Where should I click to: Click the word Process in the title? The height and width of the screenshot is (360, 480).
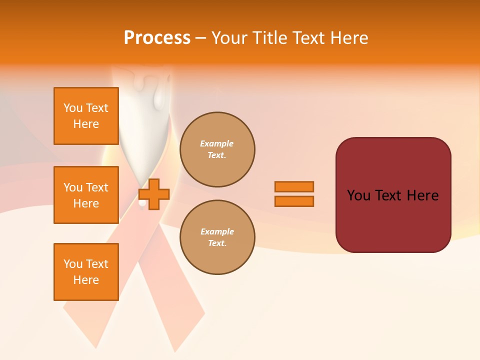[x=157, y=38]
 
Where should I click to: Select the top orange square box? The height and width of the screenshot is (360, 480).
[x=86, y=116]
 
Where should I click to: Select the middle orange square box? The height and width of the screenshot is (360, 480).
[x=86, y=195]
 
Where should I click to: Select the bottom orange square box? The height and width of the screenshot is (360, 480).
[x=86, y=272]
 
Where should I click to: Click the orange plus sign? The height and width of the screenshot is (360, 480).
[x=154, y=194]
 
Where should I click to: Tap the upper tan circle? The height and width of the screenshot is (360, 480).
[x=217, y=149]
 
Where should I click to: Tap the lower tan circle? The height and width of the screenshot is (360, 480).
[x=217, y=237]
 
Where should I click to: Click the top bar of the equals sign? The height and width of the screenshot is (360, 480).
[x=294, y=186]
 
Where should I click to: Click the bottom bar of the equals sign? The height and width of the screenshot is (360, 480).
[x=294, y=201]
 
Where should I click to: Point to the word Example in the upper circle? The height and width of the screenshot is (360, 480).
[x=216, y=143]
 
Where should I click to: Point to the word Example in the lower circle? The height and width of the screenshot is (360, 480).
[x=217, y=231]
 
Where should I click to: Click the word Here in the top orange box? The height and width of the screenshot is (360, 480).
[x=86, y=124]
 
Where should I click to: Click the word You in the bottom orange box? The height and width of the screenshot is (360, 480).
[x=72, y=264]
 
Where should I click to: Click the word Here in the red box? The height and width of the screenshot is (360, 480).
[x=422, y=195]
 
